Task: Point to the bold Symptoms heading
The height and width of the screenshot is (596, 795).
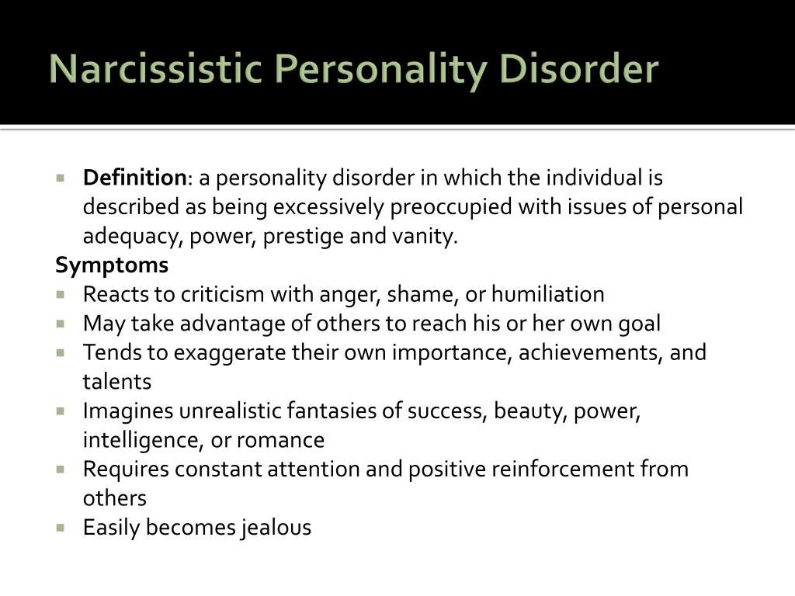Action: (x=112, y=265)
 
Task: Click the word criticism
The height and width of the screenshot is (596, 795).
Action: (x=222, y=295)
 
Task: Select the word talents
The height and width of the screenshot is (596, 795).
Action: (x=117, y=382)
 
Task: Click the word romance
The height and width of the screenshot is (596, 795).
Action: (x=280, y=440)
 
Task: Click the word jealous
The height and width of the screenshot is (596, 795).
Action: (x=275, y=528)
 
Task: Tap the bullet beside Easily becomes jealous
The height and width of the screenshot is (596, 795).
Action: (x=61, y=527)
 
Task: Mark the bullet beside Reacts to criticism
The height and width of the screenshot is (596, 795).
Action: (x=61, y=294)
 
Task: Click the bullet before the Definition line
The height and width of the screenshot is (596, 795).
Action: (x=61, y=177)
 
